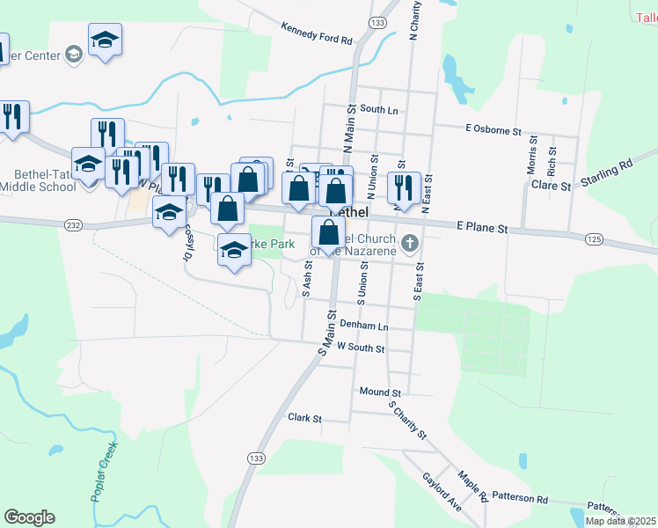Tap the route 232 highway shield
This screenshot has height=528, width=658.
pos(73,225)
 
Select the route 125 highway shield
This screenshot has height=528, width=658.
pos(593,238)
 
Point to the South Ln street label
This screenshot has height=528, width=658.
pos(379,110)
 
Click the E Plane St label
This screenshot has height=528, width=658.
pos(483,228)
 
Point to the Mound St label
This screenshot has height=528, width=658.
pos(380,392)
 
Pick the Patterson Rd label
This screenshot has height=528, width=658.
pos(520,498)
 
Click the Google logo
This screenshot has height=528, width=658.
pos(29,517)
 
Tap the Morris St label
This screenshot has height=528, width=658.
pos(532,155)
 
